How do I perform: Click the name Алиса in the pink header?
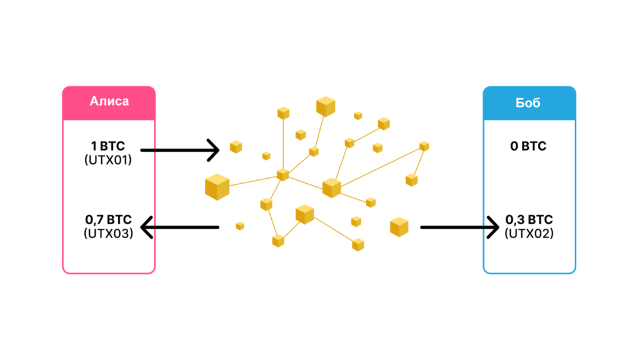[109, 101]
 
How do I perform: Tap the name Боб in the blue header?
[529, 101]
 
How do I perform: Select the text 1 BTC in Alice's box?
[108, 147]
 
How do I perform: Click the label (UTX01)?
[108, 160]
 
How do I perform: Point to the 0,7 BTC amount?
[108, 220]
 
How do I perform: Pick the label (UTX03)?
[108, 234]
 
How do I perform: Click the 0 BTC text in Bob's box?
[528, 147]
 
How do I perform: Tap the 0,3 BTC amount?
[529, 220]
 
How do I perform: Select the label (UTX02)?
[529, 234]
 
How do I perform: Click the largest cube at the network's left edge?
[217, 187]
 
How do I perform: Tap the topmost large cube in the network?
[326, 107]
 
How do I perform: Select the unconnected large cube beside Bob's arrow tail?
[399, 227]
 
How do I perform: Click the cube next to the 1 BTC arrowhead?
[236, 147]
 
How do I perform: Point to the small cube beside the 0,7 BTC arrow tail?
[239, 226]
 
